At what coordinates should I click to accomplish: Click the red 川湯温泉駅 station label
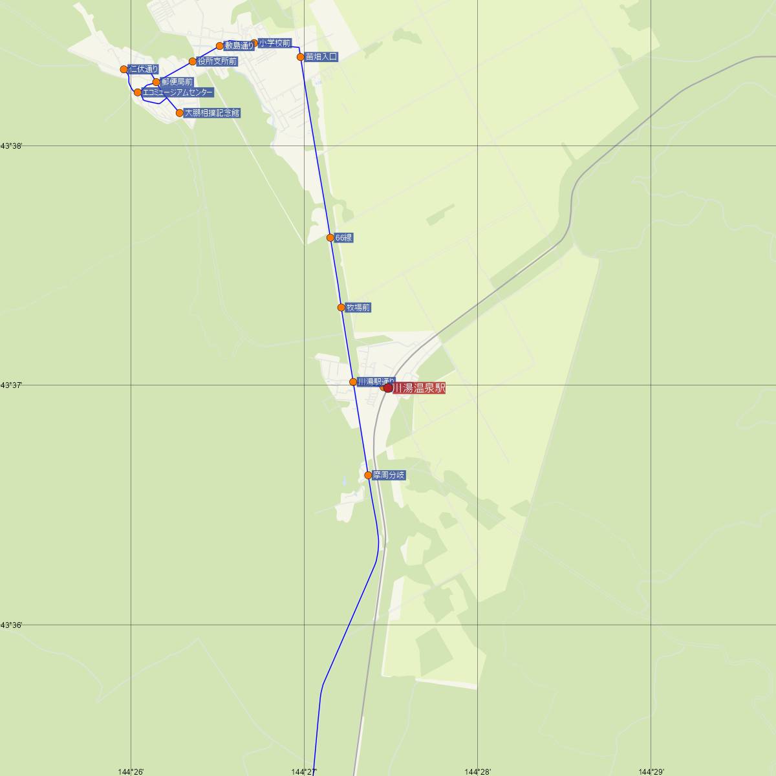click(x=419, y=389)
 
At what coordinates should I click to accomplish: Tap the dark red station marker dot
click(x=388, y=388)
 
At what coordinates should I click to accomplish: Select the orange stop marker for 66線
click(x=330, y=238)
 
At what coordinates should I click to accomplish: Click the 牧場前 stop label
click(x=358, y=308)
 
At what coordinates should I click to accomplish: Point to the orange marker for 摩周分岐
click(x=368, y=475)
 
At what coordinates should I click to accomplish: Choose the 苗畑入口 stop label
click(x=321, y=57)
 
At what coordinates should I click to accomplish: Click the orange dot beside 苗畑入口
click(x=301, y=57)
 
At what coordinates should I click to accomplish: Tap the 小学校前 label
click(x=275, y=43)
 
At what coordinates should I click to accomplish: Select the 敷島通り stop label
click(x=239, y=46)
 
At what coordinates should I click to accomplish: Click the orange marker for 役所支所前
click(x=192, y=62)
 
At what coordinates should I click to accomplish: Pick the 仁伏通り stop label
click(x=143, y=69)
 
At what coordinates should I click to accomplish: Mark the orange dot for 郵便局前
click(x=156, y=82)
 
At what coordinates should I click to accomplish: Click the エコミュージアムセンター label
click(x=177, y=92)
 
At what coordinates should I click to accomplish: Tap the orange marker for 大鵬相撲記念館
click(x=180, y=113)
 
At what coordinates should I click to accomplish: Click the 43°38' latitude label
click(x=12, y=146)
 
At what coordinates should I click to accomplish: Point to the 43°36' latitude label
click(x=12, y=625)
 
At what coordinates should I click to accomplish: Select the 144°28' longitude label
click(x=478, y=771)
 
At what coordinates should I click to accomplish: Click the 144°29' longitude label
click(x=651, y=771)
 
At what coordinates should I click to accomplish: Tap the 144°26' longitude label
click(x=131, y=771)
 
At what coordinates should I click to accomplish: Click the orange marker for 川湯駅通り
click(x=353, y=382)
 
